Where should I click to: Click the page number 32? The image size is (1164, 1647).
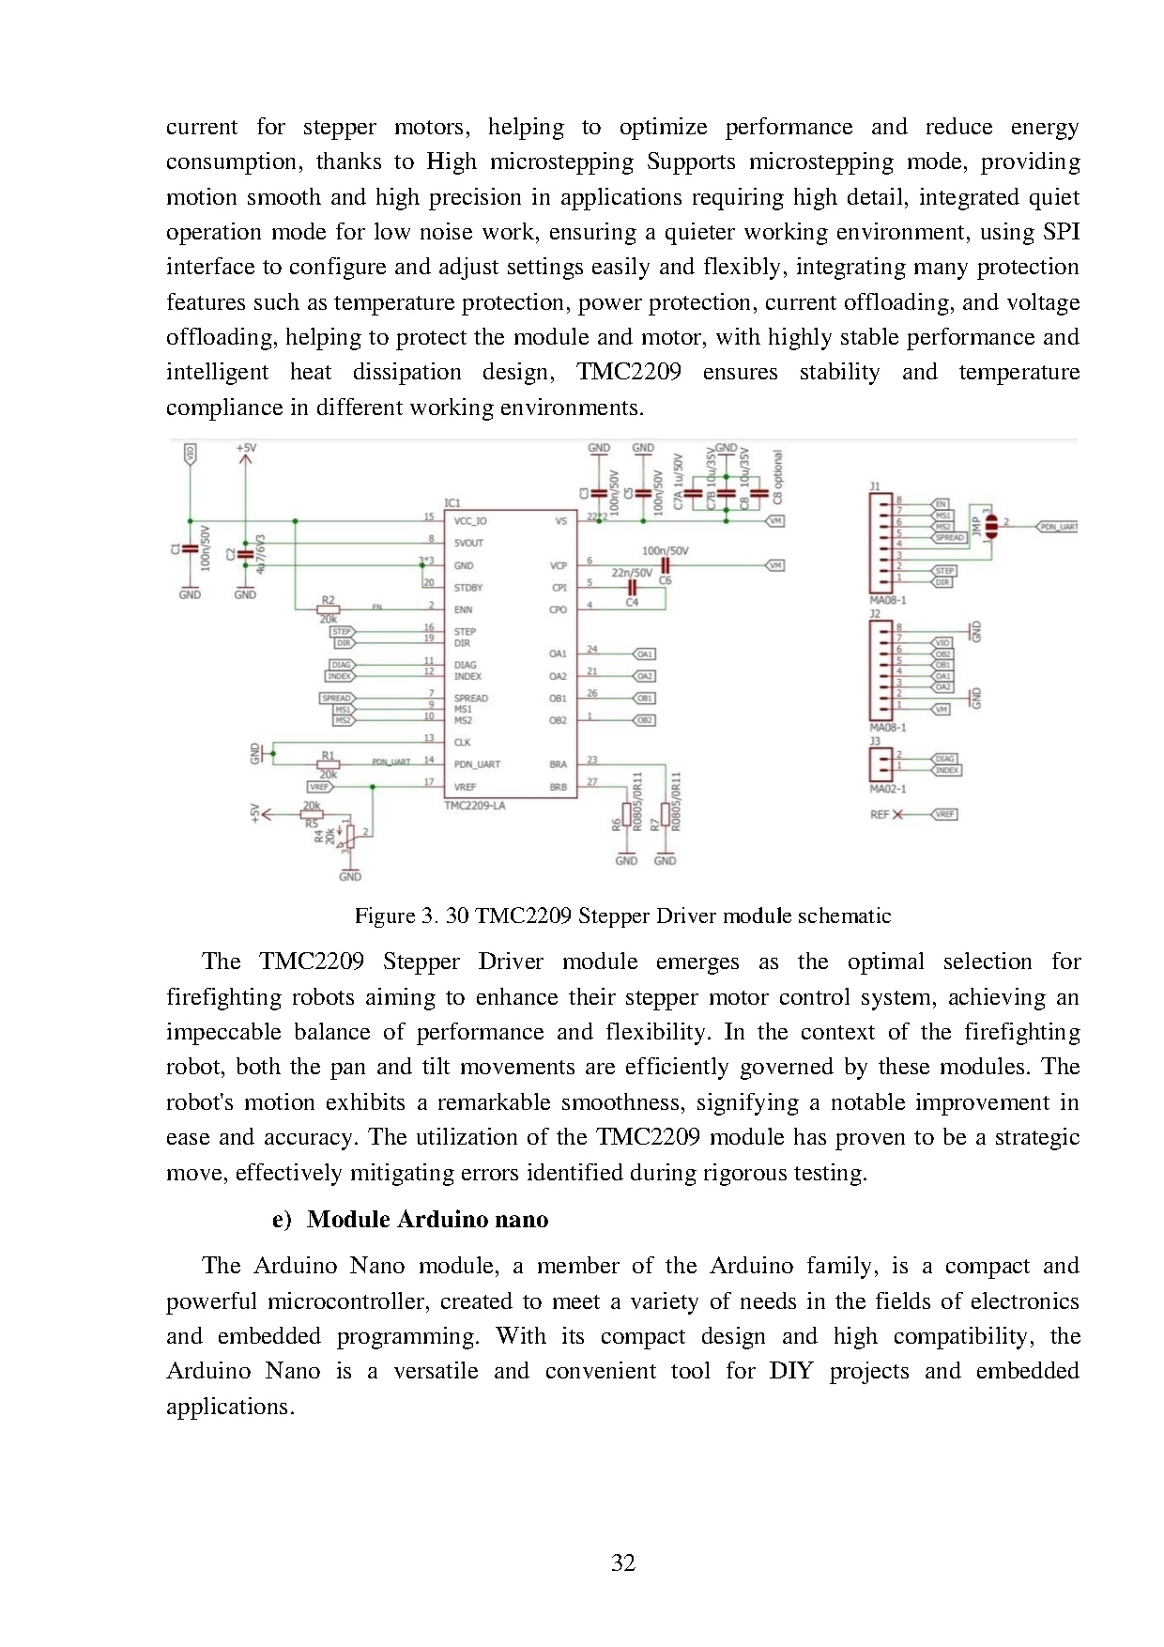[x=623, y=1562]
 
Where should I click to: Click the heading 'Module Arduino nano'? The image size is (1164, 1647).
[x=427, y=1219]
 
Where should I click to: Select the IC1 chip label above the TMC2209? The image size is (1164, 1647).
[x=452, y=503]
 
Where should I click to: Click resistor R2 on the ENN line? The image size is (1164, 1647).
[x=328, y=609]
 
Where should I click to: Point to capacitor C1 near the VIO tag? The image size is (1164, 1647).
[x=190, y=549]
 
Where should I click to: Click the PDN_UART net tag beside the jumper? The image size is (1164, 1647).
[x=1057, y=527]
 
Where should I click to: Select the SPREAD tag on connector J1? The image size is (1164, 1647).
[x=949, y=538]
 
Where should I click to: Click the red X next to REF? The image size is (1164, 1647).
[x=898, y=814]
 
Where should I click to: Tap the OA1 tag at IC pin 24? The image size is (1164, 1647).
[x=645, y=654]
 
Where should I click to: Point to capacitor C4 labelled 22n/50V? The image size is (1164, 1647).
[x=633, y=587]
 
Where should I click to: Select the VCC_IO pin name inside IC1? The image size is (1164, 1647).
[x=470, y=521]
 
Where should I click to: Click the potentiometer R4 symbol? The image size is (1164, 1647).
[x=350, y=834]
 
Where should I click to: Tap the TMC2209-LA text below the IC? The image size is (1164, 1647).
[x=474, y=806]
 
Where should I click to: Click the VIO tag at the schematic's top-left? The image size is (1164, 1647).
[x=190, y=454]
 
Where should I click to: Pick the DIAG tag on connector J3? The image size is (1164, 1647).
[x=944, y=758]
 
